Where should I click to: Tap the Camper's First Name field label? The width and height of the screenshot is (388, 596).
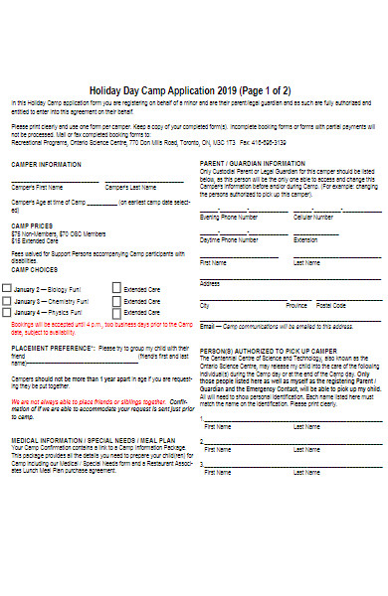[37, 186]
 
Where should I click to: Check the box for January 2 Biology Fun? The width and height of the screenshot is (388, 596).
[8, 286]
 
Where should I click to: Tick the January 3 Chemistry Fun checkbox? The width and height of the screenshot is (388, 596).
[8, 300]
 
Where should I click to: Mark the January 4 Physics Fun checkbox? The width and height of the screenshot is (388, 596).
[8, 313]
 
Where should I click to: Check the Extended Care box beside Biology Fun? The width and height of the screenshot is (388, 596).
[115, 286]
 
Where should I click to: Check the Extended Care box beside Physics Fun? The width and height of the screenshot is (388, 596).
[115, 313]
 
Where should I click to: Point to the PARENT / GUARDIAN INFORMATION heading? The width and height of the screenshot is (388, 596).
[253, 162]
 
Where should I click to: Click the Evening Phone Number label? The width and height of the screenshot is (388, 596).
[229, 216]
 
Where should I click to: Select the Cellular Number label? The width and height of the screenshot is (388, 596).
[314, 216]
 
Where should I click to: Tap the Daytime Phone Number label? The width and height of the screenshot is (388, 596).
[230, 239]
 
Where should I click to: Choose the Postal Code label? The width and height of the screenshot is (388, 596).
[330, 306]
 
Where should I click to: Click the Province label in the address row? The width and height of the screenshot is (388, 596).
[296, 306]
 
